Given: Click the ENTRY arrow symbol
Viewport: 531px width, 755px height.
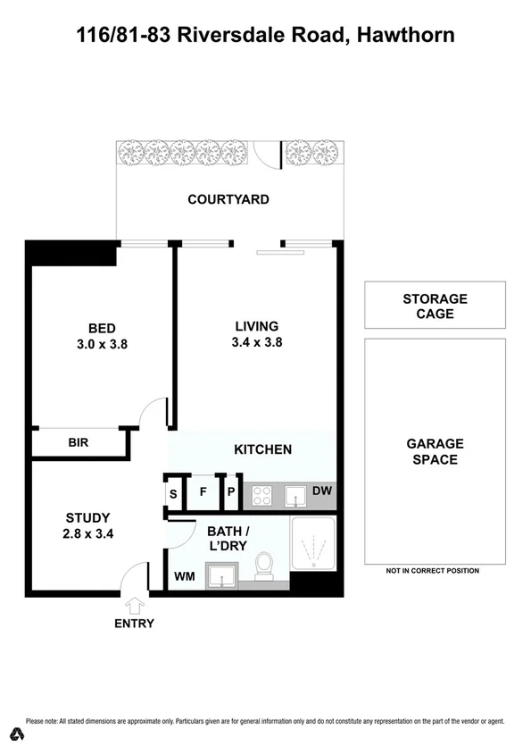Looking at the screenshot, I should tap(134, 606).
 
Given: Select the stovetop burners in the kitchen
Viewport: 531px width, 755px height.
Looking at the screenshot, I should tap(262, 494).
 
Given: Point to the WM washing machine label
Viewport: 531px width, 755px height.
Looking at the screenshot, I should tap(184, 576).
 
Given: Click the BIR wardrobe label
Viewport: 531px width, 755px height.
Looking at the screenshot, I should tap(79, 442).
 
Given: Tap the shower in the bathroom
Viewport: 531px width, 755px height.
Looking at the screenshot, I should tap(312, 545).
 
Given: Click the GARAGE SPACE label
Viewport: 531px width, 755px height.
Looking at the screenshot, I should tap(435, 451).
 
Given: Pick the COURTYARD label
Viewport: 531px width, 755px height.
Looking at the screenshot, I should tap(228, 199).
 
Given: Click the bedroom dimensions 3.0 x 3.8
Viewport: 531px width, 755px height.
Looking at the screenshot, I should tap(102, 342).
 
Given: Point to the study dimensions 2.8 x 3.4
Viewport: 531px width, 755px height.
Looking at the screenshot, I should tap(87, 534).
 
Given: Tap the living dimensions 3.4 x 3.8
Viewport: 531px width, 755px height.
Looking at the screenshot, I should tap(256, 341).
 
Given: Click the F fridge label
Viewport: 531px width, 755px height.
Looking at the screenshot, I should tap(203, 491).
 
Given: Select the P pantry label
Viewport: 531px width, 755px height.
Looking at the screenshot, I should tap(229, 491).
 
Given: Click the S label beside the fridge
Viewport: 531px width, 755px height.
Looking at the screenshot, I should tap(173, 492).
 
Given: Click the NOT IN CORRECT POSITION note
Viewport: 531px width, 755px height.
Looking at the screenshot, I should tap(432, 571).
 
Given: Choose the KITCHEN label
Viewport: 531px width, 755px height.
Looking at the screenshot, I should tap(262, 449).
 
